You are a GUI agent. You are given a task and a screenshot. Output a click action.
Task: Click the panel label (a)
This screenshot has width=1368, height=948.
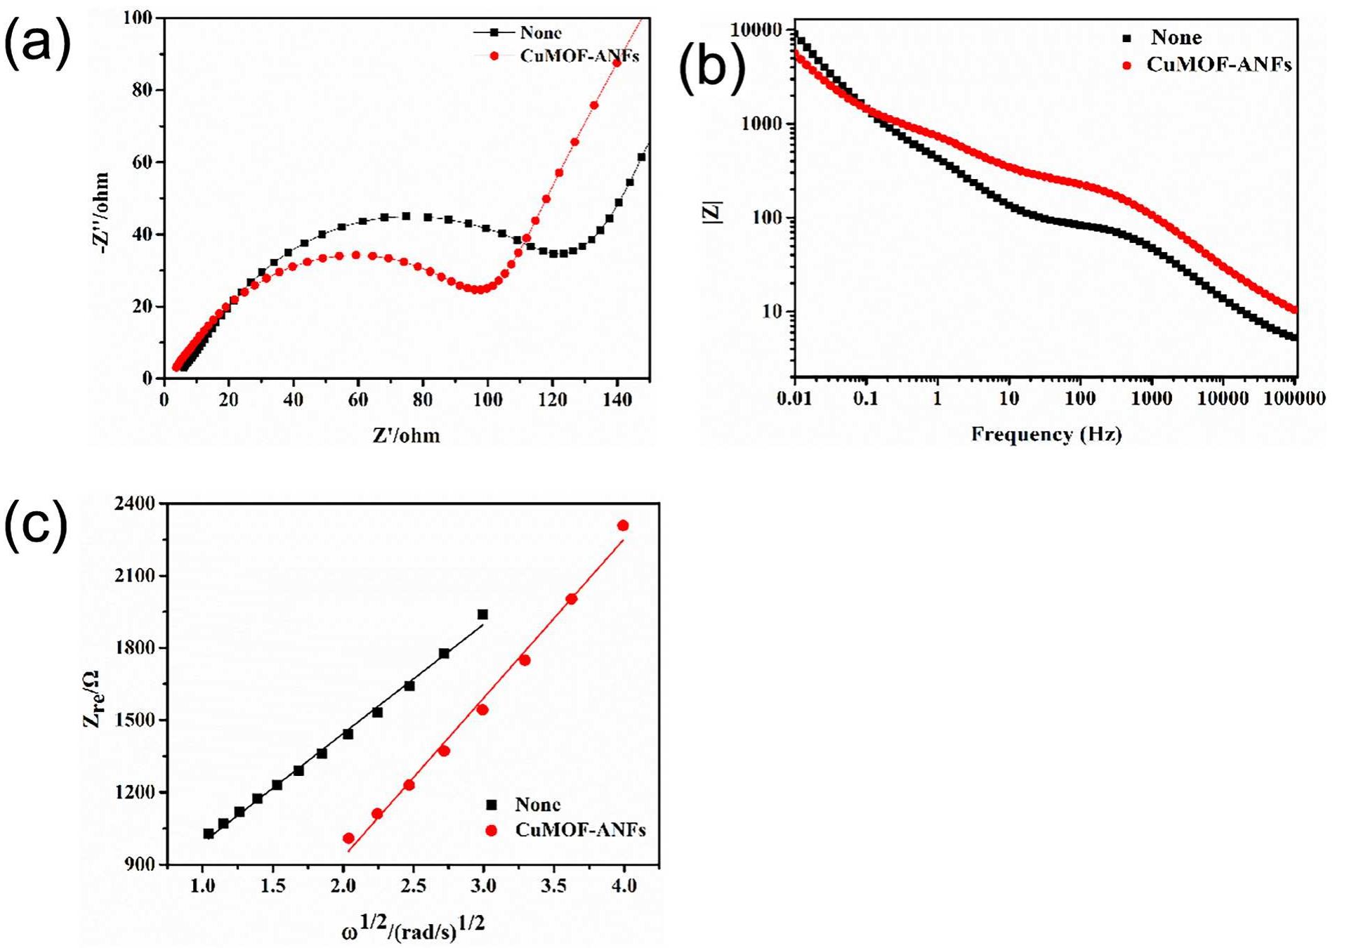pos(37,44)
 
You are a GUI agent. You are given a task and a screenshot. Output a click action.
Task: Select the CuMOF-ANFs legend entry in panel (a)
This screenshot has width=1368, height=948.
pos(578,56)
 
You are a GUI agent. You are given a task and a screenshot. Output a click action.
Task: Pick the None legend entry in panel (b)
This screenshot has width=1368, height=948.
pos(1176,37)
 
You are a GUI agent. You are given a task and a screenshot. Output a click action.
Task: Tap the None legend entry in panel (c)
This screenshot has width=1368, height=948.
pos(537,804)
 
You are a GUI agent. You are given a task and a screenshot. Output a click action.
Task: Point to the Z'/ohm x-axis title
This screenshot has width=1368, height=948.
pos(406,436)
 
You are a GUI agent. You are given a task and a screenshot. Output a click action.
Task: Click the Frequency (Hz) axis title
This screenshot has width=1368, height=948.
pos(1046,434)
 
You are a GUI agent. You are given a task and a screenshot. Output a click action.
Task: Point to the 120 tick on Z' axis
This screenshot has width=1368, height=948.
pos(553,400)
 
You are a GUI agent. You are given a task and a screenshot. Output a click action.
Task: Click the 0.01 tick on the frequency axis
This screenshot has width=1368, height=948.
pos(794,399)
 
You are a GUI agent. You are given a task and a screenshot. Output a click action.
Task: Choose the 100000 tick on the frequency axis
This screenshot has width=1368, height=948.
pos(1295,399)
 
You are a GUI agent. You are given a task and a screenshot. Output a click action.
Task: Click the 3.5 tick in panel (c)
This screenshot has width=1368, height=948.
pos(553,886)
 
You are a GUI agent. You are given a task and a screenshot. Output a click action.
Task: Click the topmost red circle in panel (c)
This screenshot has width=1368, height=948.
pos(622,525)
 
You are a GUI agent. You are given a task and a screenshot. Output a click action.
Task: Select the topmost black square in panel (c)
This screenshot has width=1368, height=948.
pos(482,614)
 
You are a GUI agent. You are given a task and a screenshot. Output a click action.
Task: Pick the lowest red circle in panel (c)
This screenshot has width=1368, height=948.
pos(348,838)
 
